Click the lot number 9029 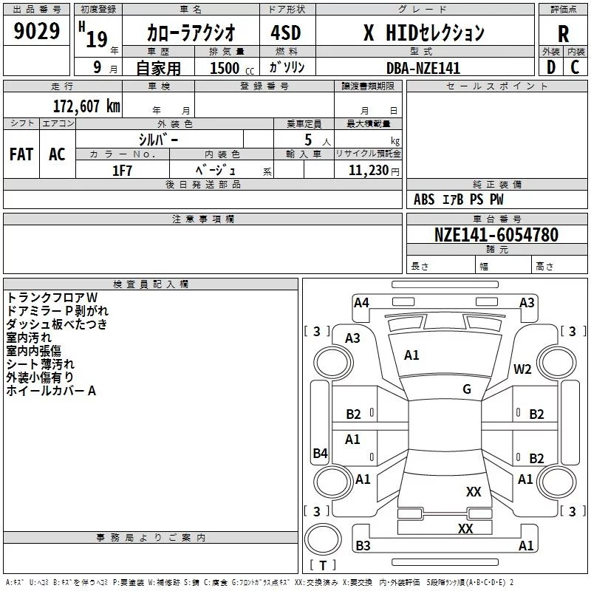[x=36, y=30]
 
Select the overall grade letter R [x=563, y=34]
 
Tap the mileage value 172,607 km [x=86, y=106]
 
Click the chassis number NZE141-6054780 [x=496, y=234]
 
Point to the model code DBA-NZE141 [x=423, y=68]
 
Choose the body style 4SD [x=286, y=33]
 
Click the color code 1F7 [x=122, y=171]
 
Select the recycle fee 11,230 [x=368, y=171]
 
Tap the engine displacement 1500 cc [x=232, y=68]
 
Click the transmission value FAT [x=21, y=154]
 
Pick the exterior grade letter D [x=551, y=67]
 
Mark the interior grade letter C [x=575, y=67]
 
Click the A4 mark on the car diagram [x=361, y=303]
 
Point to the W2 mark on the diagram [x=522, y=369]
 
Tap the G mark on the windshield [x=467, y=389]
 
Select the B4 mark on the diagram [x=320, y=453]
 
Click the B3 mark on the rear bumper [x=363, y=545]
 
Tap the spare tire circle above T [x=323, y=539]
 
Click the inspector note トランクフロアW [x=52, y=298]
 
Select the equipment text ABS [x=424, y=199]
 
